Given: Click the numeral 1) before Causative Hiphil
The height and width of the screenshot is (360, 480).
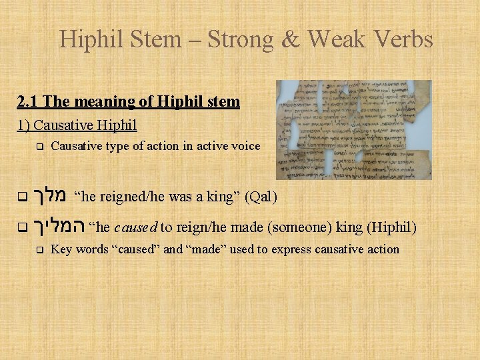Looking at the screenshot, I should point(23,125).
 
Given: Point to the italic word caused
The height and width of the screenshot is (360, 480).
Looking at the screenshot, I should point(136,227).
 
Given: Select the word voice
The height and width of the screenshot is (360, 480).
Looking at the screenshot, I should point(244,146).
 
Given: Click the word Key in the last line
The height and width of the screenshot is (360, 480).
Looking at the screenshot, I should point(61,250).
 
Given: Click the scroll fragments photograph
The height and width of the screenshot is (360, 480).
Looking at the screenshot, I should point(353,129).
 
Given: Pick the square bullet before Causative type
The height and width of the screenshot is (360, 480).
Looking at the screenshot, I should point(39,147).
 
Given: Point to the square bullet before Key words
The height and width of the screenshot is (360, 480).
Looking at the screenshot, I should point(39,251).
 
